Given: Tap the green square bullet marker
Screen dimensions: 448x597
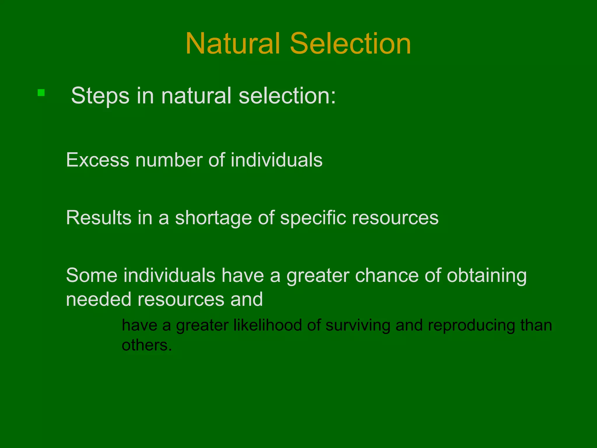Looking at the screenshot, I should [x=41, y=93].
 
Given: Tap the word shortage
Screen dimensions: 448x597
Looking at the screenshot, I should [x=213, y=218].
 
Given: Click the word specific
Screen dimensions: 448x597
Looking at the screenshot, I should [x=313, y=218].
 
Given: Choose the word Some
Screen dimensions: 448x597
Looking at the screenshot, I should [x=91, y=275].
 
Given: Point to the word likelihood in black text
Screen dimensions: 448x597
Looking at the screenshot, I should [x=268, y=325].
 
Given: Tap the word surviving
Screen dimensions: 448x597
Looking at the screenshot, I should [x=358, y=325].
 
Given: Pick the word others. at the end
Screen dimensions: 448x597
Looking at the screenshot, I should [x=147, y=345].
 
